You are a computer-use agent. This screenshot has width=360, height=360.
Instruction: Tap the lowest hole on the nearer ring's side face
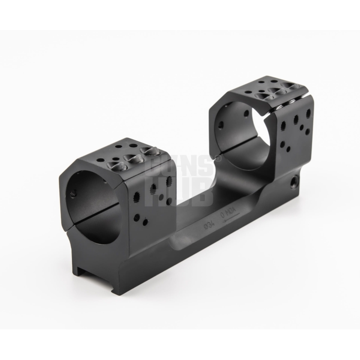[x=144, y=221]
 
